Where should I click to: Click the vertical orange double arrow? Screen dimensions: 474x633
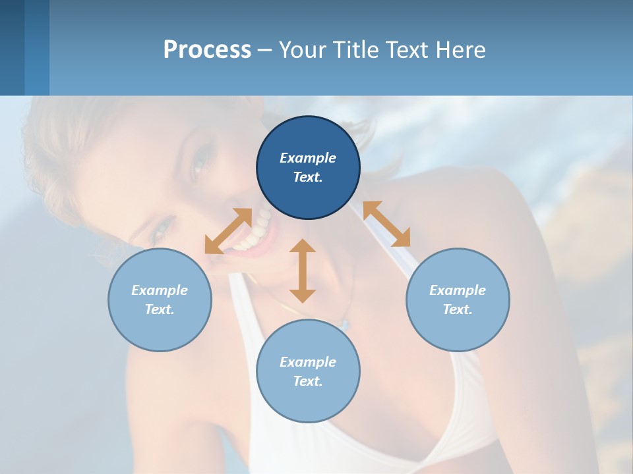click(303, 271)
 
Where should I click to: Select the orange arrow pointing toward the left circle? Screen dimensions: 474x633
click(228, 231)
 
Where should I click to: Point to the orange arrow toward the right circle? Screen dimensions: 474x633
click(386, 224)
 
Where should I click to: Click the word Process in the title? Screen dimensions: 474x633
click(207, 49)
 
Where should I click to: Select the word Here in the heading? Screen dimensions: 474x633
click(462, 49)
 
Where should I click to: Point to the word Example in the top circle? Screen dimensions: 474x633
click(308, 158)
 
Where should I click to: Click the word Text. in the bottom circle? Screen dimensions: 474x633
click(308, 381)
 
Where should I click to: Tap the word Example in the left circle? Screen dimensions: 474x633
click(160, 290)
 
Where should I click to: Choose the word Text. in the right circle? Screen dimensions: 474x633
click(458, 309)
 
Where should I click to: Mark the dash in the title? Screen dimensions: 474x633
click(264, 50)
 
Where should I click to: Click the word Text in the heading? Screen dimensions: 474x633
click(409, 49)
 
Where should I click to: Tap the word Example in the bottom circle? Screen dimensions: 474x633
click(308, 362)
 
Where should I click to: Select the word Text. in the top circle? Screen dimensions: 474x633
click(308, 177)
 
